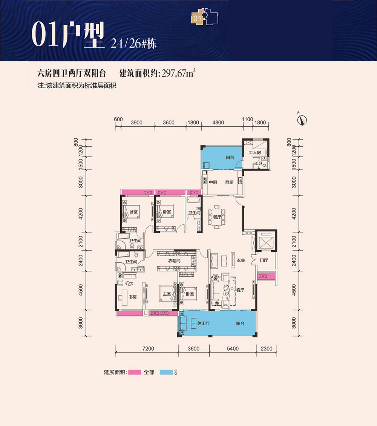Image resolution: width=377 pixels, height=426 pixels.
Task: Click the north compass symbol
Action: pyautogui.click(x=302, y=120)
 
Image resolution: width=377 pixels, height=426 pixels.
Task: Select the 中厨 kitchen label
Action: pyautogui.click(x=213, y=182)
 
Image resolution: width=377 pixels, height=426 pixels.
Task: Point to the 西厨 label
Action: pyautogui.click(x=229, y=182)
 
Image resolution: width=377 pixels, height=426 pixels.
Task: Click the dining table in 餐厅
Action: pyautogui.click(x=217, y=217)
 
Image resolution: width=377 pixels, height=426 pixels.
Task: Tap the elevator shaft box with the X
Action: pyautogui.click(x=266, y=241)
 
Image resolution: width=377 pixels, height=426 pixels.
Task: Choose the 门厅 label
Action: pyautogui.click(x=264, y=260)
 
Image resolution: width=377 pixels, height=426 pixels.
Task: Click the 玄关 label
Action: pyautogui.click(x=241, y=260)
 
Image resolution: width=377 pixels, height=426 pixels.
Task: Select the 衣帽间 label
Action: pyautogui.click(x=175, y=261)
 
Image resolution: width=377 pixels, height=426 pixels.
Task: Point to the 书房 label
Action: pyautogui.click(x=133, y=297)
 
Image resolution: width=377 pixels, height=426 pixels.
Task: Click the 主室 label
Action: pyautogui.click(x=167, y=294)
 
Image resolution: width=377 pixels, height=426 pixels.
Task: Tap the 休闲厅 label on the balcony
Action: pyautogui.click(x=204, y=323)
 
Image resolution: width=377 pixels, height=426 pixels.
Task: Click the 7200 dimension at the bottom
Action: pyautogui.click(x=148, y=349)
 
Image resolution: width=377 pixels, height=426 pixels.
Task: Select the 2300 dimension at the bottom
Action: pyautogui.click(x=267, y=349)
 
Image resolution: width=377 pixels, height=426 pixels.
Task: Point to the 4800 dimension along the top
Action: pyautogui.click(x=218, y=123)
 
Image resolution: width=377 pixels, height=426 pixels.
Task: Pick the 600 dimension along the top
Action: pyautogui.click(x=118, y=119)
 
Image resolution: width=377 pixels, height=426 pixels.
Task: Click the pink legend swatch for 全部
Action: pyautogui.click(x=135, y=372)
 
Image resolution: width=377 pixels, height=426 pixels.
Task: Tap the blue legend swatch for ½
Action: pyautogui.click(x=166, y=372)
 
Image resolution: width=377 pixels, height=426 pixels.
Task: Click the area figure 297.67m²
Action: pyautogui.click(x=178, y=73)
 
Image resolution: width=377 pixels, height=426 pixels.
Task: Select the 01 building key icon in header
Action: pyautogui.click(x=205, y=17)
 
